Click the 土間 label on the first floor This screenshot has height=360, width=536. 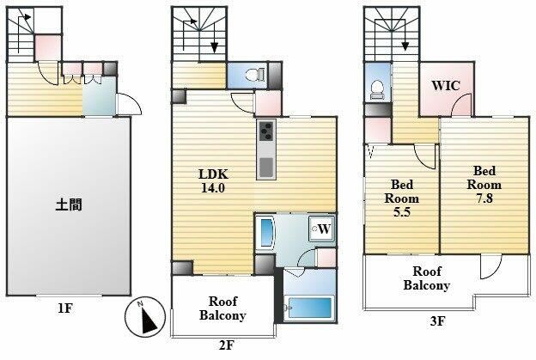[69, 205]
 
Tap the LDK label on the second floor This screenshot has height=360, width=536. [213, 174]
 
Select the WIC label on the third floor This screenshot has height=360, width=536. [446, 85]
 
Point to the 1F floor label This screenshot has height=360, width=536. [65, 308]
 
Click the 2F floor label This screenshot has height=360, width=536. [226, 345]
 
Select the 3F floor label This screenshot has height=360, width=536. [437, 321]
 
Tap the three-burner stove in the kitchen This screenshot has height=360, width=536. [266, 131]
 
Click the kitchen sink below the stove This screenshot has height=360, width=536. [266, 168]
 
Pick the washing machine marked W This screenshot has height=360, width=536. [321, 229]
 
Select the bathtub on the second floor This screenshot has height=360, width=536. [310, 308]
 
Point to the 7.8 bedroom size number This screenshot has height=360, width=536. [484, 198]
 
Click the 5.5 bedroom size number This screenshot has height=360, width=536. [402, 212]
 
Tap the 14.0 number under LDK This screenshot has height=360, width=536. [213, 188]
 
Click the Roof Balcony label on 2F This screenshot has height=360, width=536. [222, 308]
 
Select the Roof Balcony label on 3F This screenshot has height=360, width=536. [426, 278]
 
